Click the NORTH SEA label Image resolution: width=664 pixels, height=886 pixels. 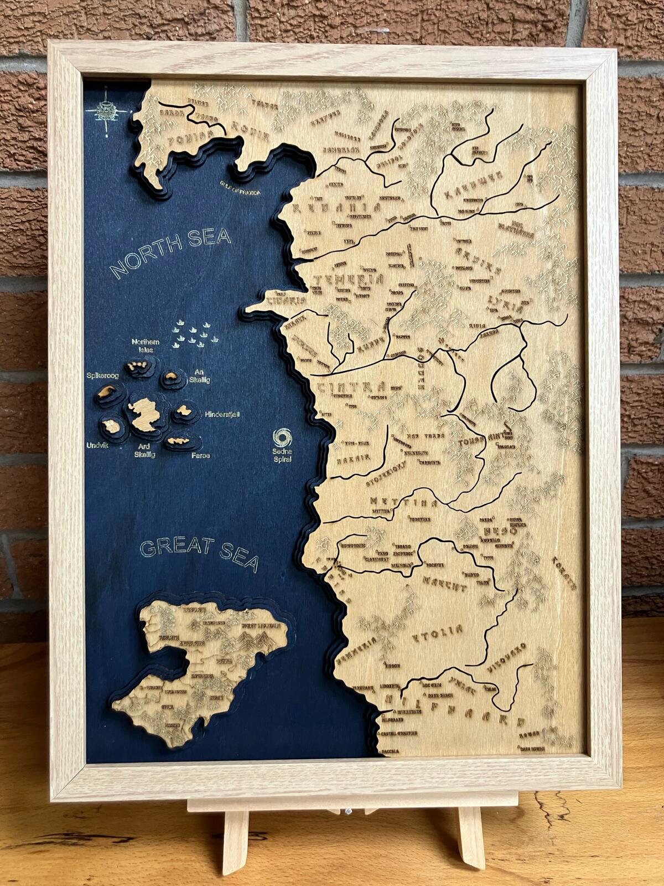(x=170, y=252)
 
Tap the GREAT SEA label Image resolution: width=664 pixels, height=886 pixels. (x=199, y=553)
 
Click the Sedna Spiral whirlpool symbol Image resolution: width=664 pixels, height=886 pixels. (x=282, y=437)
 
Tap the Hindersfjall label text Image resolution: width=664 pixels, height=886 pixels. (x=222, y=414)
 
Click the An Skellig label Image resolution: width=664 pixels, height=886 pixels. (x=200, y=376)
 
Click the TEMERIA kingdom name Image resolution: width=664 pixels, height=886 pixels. (x=348, y=280)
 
